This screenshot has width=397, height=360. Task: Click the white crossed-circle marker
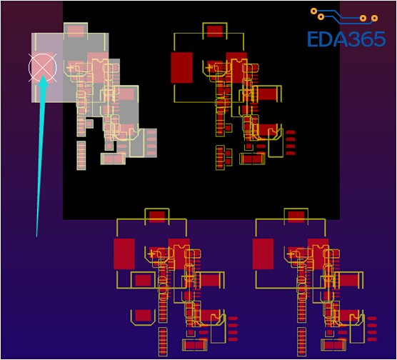tap(43, 68)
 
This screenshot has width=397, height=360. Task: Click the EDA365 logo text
tap(346, 39)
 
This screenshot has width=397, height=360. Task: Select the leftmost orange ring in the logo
tap(313, 11)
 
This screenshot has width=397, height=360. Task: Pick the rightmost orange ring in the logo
tap(374, 19)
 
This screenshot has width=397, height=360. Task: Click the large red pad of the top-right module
tap(181, 68)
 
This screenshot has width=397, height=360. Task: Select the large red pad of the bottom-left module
tap(124, 254)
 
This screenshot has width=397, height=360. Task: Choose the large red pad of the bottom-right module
tap(263, 254)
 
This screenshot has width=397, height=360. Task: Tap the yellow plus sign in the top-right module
tap(208, 68)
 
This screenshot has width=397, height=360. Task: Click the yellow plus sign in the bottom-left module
tap(151, 254)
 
